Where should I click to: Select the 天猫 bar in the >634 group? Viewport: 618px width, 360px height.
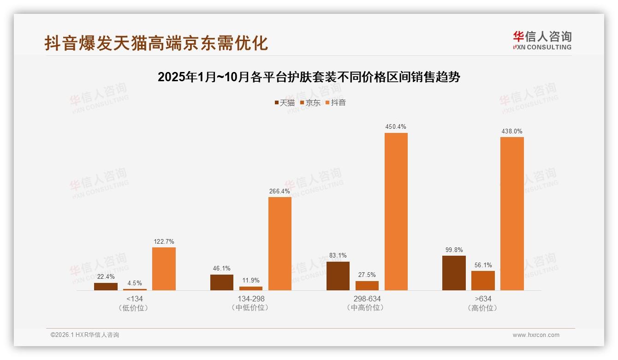click(x=454, y=273)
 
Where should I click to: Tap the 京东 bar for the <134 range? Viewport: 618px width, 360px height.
click(x=135, y=289)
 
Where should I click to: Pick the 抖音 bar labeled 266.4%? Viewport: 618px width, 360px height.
click(x=280, y=243)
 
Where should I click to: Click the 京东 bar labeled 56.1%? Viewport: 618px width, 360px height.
click(x=483, y=280)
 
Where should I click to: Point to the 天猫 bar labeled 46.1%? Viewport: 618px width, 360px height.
click(x=222, y=282)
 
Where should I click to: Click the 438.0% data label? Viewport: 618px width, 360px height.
click(x=512, y=132)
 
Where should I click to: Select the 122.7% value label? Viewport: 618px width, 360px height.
click(x=164, y=242)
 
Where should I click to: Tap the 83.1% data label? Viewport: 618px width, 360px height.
click(x=338, y=255)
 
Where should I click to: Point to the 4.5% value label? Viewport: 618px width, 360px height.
click(x=135, y=283)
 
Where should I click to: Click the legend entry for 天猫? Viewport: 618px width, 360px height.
click(x=285, y=103)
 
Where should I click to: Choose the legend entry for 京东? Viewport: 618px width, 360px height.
click(x=310, y=103)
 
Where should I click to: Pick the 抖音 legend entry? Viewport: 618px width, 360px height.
click(x=336, y=103)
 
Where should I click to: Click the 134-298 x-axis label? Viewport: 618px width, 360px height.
click(x=251, y=299)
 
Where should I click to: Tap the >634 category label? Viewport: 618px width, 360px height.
click(x=483, y=299)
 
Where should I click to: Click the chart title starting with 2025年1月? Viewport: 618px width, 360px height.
click(x=309, y=77)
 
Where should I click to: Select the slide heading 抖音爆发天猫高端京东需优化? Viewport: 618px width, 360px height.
click(x=156, y=43)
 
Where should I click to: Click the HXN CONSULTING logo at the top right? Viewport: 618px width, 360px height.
click(x=542, y=40)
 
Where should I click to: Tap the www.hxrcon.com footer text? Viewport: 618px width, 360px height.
click(x=536, y=335)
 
